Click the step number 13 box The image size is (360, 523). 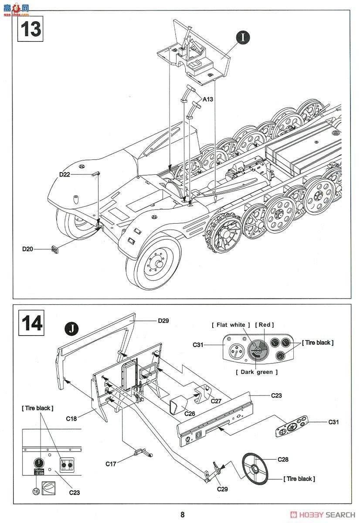pyautogui.click(x=31, y=28)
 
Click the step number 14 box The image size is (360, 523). pyautogui.click(x=31, y=323)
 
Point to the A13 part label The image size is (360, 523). pyautogui.click(x=207, y=99)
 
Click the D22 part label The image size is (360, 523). pyautogui.click(x=65, y=174)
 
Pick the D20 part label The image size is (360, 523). pyautogui.click(x=28, y=249)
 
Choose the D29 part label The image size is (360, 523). pyautogui.click(x=163, y=321)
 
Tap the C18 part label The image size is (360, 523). pyautogui.click(x=71, y=418)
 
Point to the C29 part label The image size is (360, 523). pyautogui.click(x=222, y=489)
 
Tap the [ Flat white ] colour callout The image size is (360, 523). pyautogui.click(x=231, y=325)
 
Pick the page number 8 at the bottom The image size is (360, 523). pyautogui.click(x=182, y=515)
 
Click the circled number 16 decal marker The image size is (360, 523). pyautogui.click(x=36, y=491)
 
